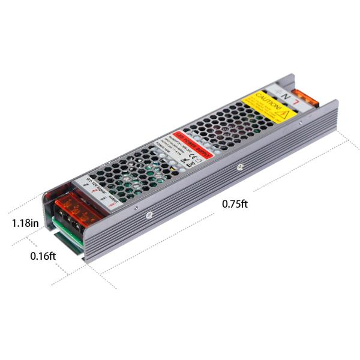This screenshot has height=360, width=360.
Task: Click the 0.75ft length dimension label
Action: click(x=235, y=203)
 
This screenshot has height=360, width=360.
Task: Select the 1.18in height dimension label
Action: click(x=25, y=223)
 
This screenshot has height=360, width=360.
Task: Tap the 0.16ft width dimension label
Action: click(x=43, y=256)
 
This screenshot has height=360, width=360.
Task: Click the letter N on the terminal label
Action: click(x=287, y=94)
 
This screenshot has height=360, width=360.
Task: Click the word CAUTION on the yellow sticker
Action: click(x=265, y=98)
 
